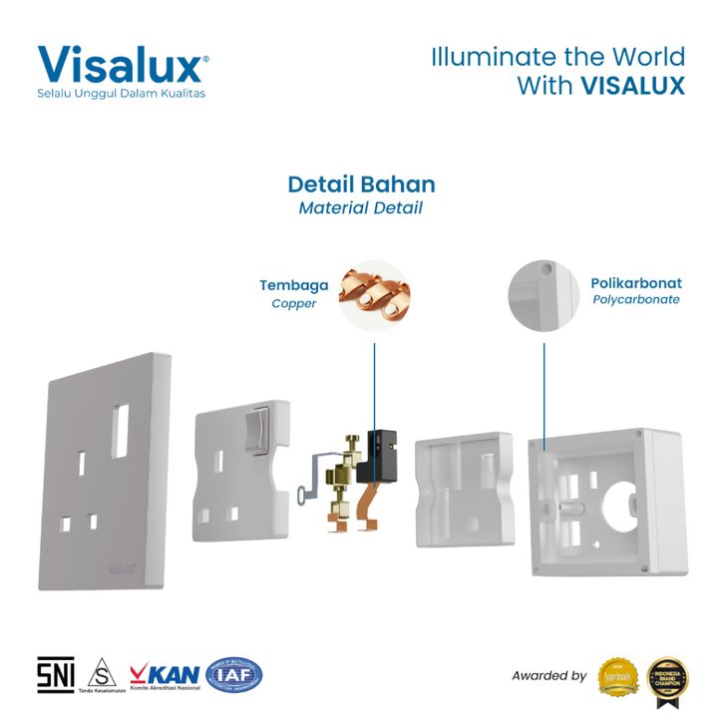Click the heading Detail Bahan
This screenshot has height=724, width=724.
pos(361,184)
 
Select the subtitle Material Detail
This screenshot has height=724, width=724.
pos(361,208)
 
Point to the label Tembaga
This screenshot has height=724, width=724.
pos(294,285)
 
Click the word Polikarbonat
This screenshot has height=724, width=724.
pos(636,283)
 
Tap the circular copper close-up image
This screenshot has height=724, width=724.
pos(374,295)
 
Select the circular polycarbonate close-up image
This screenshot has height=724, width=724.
pos(544,295)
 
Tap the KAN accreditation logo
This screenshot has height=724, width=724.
pos(167,675)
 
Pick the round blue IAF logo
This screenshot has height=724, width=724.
pos(233,675)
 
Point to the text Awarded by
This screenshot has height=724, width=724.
pos(548,676)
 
